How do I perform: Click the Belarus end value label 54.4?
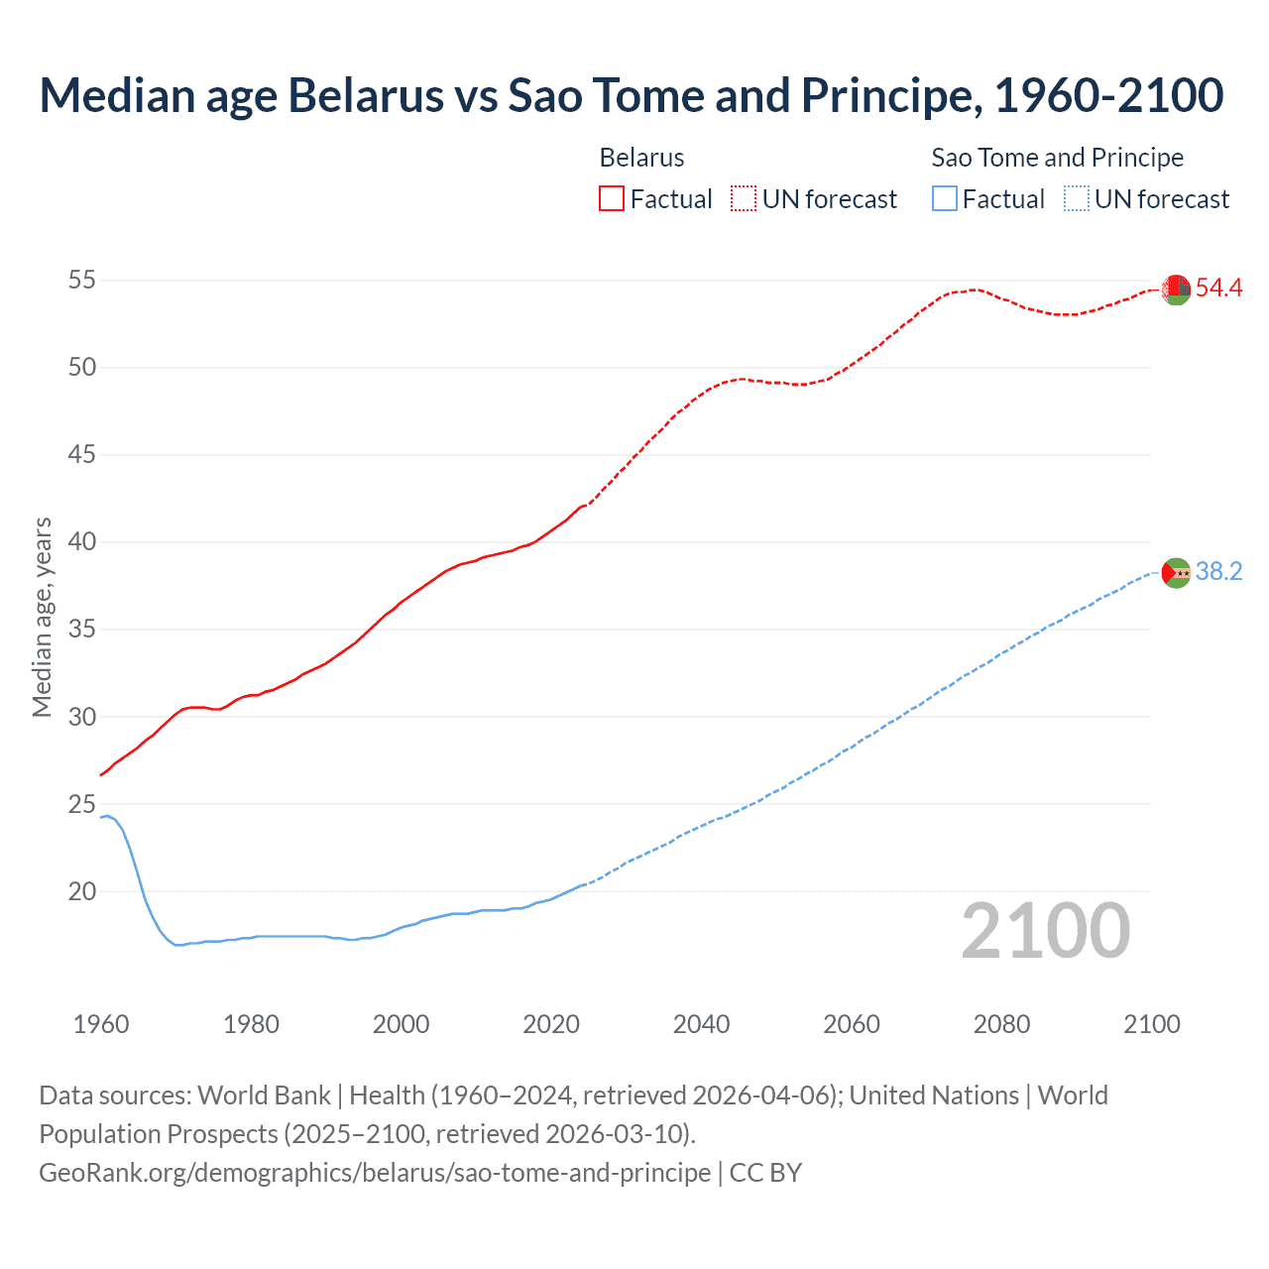tap(1218, 288)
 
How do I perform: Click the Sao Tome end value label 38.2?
tap(1218, 572)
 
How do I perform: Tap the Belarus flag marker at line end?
tap(1176, 288)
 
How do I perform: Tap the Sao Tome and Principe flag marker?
tap(1176, 572)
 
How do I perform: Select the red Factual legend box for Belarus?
tap(612, 199)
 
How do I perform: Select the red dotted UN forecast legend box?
tap(744, 199)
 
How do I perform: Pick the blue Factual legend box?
tap(945, 199)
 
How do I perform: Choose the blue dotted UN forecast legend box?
tap(1077, 199)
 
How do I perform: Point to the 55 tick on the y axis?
tap(82, 281)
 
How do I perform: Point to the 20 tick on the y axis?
tap(82, 891)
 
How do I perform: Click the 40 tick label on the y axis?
tap(82, 542)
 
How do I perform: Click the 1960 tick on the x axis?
tap(101, 1024)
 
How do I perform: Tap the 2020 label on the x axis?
tap(551, 1024)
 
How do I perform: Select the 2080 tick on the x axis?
tap(1001, 1024)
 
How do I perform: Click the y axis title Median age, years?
tap(42, 617)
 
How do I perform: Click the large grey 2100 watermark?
tap(1046, 931)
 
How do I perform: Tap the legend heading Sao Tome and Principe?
tap(1057, 158)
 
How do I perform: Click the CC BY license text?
tap(765, 1173)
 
